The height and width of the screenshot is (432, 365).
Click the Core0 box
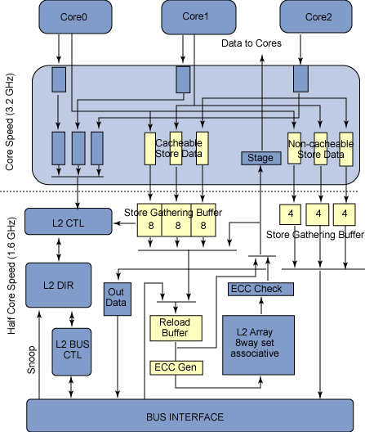75,17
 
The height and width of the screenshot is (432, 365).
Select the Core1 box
198,17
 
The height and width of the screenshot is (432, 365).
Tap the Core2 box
316,17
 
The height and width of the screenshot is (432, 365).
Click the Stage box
261,158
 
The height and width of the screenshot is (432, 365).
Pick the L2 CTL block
69,222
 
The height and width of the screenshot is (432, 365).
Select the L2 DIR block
58,286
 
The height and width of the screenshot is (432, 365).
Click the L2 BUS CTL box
72,352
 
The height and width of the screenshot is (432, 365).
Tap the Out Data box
117,299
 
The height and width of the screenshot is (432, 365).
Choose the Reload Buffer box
176,328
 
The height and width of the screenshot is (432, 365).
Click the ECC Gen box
176,368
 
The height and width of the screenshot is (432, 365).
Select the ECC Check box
260,289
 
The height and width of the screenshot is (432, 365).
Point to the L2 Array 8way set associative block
258,345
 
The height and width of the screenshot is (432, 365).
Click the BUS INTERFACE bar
189,416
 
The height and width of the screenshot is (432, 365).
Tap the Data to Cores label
251,43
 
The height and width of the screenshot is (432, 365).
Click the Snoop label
31,360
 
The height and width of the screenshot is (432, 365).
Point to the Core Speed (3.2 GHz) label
9,122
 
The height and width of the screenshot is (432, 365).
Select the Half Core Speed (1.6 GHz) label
11,276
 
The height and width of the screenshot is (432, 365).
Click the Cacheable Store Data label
179,148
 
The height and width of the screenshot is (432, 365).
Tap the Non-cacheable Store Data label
321,149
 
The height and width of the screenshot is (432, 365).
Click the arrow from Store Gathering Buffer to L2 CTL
124,223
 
